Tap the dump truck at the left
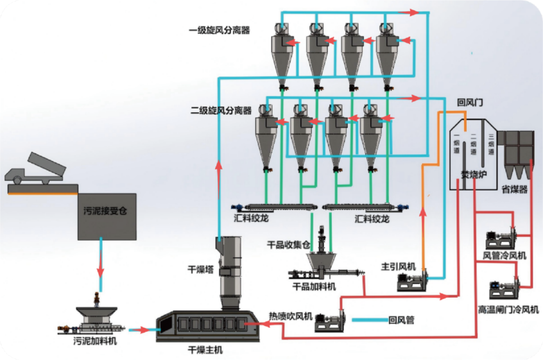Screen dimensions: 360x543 click(40, 170)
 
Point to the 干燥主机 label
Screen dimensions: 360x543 click(205, 350)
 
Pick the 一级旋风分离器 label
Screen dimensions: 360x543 click(219, 30)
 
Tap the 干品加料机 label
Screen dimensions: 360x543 click(314, 286)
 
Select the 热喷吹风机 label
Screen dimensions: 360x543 click(290, 316)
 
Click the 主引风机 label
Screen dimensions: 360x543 click(399, 266)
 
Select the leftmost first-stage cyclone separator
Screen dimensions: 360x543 click(280, 51)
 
